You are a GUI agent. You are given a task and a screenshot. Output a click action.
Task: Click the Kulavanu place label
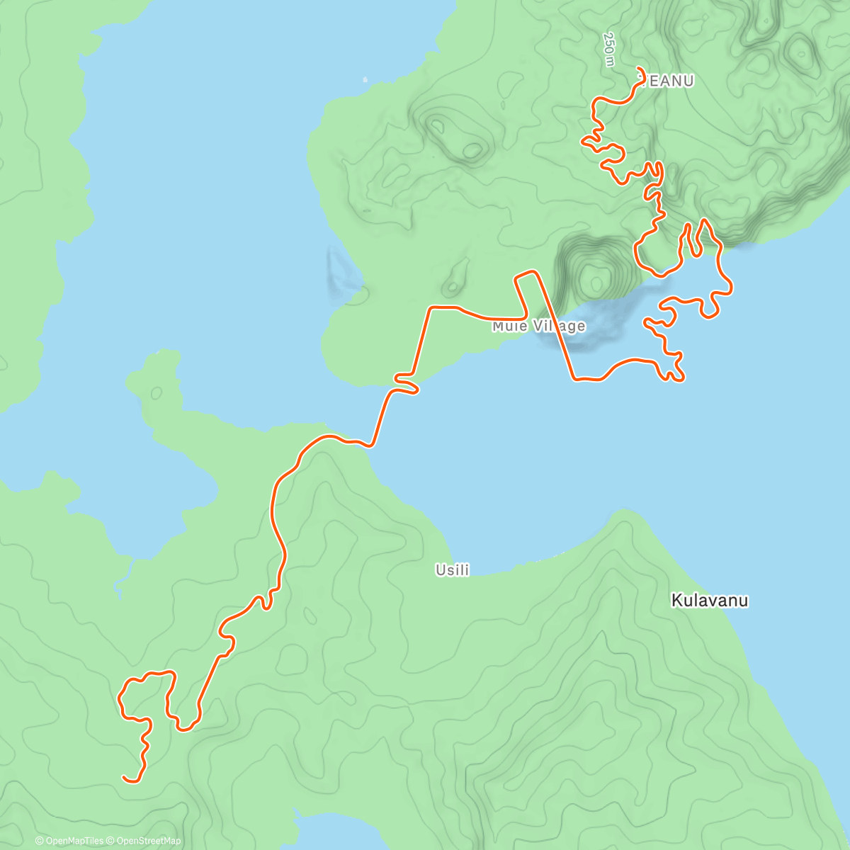click(x=709, y=601)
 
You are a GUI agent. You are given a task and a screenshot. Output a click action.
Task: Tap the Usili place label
click(x=453, y=569)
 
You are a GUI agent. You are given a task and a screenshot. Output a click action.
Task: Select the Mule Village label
click(x=539, y=326)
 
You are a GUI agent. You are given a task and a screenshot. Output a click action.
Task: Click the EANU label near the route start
click(x=669, y=81)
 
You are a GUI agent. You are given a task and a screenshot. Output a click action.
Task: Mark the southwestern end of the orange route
click(x=125, y=777)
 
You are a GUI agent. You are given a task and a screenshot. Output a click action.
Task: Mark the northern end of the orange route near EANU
click(x=640, y=69)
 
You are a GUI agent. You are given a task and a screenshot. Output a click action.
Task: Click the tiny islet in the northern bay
click(x=365, y=79)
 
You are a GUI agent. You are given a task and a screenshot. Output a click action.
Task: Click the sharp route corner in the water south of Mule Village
click(x=574, y=379)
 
